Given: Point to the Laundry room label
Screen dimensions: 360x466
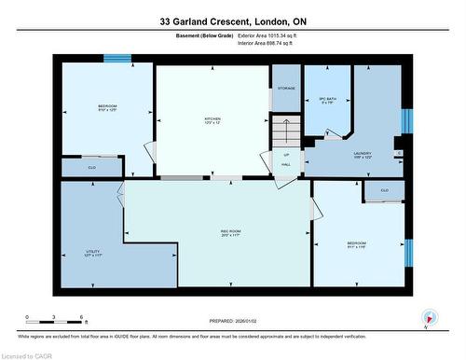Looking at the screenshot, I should point(363,154).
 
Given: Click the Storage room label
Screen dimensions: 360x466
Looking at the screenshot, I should point(286,89).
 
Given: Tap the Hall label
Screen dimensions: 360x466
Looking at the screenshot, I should point(286,164).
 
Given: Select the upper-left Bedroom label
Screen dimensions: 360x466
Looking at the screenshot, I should point(108,107).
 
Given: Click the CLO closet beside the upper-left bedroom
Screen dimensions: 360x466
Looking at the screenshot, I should point(92,167).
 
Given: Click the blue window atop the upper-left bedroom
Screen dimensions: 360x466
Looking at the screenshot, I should point(116,59).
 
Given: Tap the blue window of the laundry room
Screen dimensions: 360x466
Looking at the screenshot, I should point(406,121).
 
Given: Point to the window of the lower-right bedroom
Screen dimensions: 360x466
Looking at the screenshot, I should point(408,253).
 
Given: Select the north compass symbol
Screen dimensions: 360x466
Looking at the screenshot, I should point(428,317).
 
